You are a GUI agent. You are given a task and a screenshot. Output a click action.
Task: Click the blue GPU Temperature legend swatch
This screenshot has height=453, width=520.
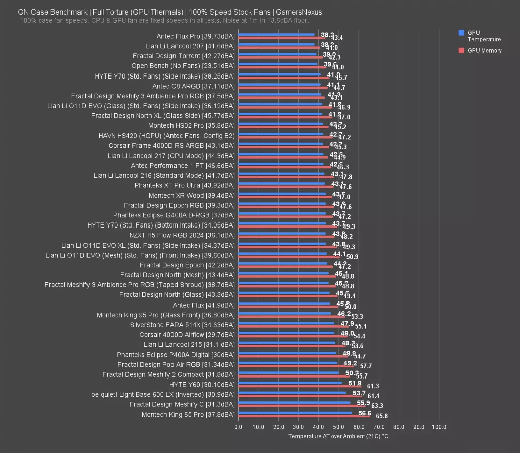tap(461, 33)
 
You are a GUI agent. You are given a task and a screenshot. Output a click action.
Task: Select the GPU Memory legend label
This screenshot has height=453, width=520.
tap(484, 51)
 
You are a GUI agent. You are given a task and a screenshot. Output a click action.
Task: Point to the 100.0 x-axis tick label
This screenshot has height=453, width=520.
tap(439, 427)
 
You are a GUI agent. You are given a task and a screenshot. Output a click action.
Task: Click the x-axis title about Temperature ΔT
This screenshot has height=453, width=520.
tap(338, 436)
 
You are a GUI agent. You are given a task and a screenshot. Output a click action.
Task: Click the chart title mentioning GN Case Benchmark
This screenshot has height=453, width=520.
tap(170, 12)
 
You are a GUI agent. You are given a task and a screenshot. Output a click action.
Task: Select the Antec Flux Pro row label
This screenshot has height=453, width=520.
tap(196, 36)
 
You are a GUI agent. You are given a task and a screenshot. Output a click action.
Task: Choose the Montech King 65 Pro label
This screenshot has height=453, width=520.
tap(188, 415)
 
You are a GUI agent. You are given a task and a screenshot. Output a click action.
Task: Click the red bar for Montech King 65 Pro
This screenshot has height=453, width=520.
tap(304, 416)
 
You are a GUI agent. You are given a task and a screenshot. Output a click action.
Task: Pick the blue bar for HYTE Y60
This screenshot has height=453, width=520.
tap(290, 383)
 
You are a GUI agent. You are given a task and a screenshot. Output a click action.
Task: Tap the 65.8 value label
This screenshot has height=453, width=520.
tap(382, 416)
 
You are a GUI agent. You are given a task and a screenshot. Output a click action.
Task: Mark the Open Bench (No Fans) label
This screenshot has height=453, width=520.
tap(183, 66)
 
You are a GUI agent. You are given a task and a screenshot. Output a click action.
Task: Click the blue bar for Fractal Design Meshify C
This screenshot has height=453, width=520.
tap(294, 403)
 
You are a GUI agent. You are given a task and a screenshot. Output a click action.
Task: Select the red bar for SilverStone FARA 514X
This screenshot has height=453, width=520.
tap(293, 327)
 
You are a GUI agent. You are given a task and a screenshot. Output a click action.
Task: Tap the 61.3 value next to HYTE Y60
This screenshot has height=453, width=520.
tap(373, 386)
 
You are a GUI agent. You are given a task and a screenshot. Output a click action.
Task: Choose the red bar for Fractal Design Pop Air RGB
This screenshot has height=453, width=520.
tap(296, 366)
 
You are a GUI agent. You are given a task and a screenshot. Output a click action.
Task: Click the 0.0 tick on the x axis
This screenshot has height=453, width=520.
tap(238, 427)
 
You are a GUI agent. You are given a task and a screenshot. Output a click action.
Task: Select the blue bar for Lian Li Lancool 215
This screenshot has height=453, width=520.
tap(287, 343)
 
